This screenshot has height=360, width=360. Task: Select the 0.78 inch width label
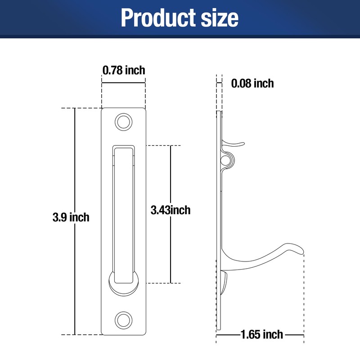coord(124,70)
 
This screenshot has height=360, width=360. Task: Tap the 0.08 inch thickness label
coord(252,83)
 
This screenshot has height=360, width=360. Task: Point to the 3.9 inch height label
coord(71,217)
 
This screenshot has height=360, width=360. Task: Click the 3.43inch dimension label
coord(171,210)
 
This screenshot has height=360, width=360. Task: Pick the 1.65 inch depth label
coord(261,334)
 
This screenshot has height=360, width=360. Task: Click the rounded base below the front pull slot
coord(123,287)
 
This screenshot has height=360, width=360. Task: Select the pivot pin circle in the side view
coord(226,159)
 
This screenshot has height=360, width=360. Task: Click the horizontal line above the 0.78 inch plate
coord(124,82)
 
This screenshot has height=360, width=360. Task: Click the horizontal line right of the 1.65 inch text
coord(295,334)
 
